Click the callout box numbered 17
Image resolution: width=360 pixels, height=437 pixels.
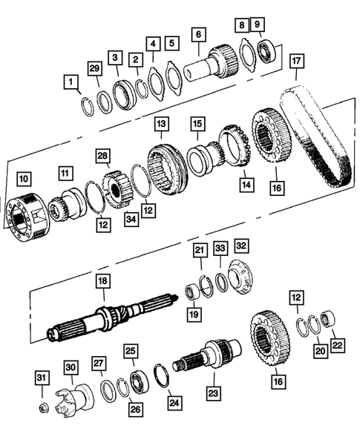click(x=296, y=59)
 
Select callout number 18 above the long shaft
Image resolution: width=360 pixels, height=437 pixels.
click(x=102, y=281)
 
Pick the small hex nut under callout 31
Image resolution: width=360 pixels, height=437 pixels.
click(x=45, y=407)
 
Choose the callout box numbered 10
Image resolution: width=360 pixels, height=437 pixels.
click(x=24, y=178)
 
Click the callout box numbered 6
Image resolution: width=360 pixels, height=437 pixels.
click(x=197, y=33)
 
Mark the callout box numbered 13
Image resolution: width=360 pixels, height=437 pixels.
click(x=161, y=124)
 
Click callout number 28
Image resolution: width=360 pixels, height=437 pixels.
click(x=103, y=155)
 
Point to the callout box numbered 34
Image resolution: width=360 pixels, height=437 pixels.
click(x=131, y=217)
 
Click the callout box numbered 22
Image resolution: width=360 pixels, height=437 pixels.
click(x=338, y=344)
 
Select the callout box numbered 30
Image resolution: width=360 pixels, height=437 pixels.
click(x=71, y=368)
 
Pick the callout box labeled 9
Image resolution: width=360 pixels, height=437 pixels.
click(x=257, y=24)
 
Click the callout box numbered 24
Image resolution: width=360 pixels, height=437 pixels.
click(x=174, y=404)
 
